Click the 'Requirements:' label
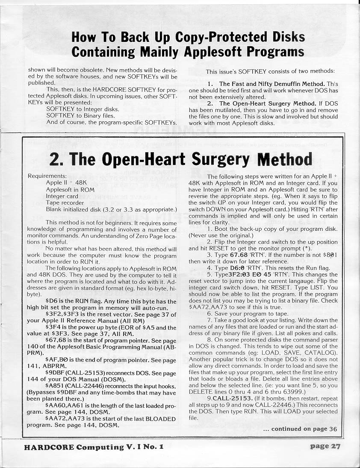click(x=47, y=176)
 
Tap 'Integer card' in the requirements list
click(x=62, y=196)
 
